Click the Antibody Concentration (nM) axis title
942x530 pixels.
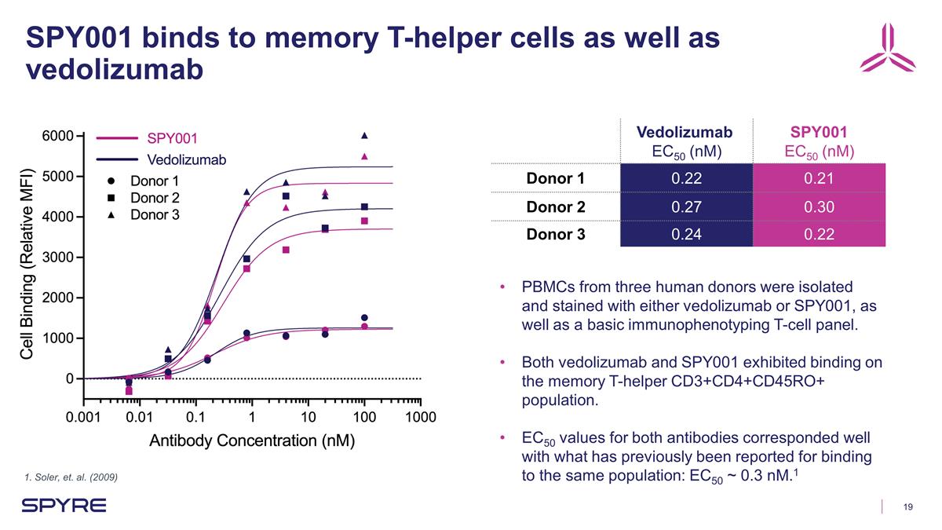[x=253, y=440]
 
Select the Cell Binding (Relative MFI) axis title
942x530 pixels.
[x=27, y=264]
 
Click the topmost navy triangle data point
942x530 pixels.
[x=364, y=135]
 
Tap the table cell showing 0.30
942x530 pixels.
[x=818, y=206]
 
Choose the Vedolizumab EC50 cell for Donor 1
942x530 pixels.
[x=685, y=179]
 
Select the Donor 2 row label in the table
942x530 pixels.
[x=556, y=206]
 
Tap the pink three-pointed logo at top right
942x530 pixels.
[x=887, y=48]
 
